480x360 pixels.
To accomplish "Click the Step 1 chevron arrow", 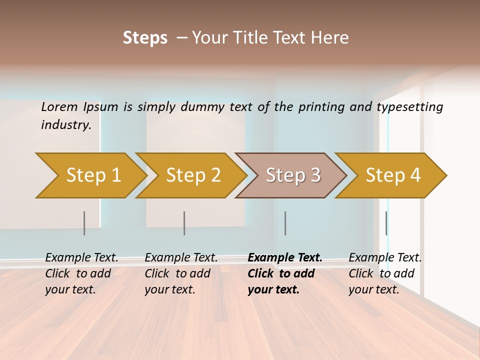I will (93, 175).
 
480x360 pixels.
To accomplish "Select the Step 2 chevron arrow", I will (193, 175).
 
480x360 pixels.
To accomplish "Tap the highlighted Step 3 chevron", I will (293, 175).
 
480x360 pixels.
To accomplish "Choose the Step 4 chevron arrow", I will (393, 175).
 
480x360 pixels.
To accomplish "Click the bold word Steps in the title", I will (145, 38).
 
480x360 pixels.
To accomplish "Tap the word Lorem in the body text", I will (59, 107).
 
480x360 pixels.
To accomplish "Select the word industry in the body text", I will (66, 125).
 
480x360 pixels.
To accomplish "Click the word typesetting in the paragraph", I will (409, 107).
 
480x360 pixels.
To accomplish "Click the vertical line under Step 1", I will (84, 223).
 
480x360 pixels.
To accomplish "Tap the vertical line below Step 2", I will (184, 223).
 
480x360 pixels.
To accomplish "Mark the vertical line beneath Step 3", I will (285, 223).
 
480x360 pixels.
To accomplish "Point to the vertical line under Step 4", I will (386, 223).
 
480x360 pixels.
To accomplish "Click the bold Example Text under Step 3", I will (285, 258).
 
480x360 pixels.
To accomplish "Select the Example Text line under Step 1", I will (81, 258).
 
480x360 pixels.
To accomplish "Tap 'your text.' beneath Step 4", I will (373, 290).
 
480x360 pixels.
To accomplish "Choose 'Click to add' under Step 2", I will (177, 274).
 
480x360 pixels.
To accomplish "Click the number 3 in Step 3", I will (315, 175).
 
